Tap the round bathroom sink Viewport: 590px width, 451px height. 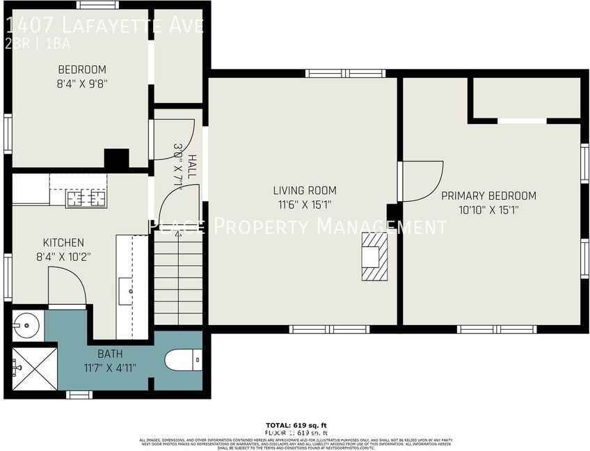click(26, 324)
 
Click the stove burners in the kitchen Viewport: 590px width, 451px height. click(87, 198)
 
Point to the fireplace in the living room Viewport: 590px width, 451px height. click(374, 256)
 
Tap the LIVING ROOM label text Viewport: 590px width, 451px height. click(304, 190)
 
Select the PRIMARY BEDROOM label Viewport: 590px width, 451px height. click(488, 196)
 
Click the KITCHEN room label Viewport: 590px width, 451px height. click(63, 243)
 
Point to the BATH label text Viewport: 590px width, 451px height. click(110, 354)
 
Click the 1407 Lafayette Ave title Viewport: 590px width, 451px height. click(104, 26)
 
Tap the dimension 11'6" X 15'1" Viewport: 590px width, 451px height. click(304, 205)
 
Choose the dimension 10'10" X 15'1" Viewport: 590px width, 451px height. click(488, 209)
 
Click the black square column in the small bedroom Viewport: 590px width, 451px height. click(116, 159)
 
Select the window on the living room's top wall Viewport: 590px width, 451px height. click(346, 73)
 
